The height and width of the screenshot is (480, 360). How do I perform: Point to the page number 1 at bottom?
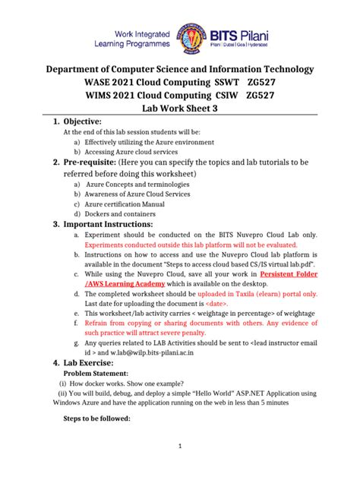[180, 447]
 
